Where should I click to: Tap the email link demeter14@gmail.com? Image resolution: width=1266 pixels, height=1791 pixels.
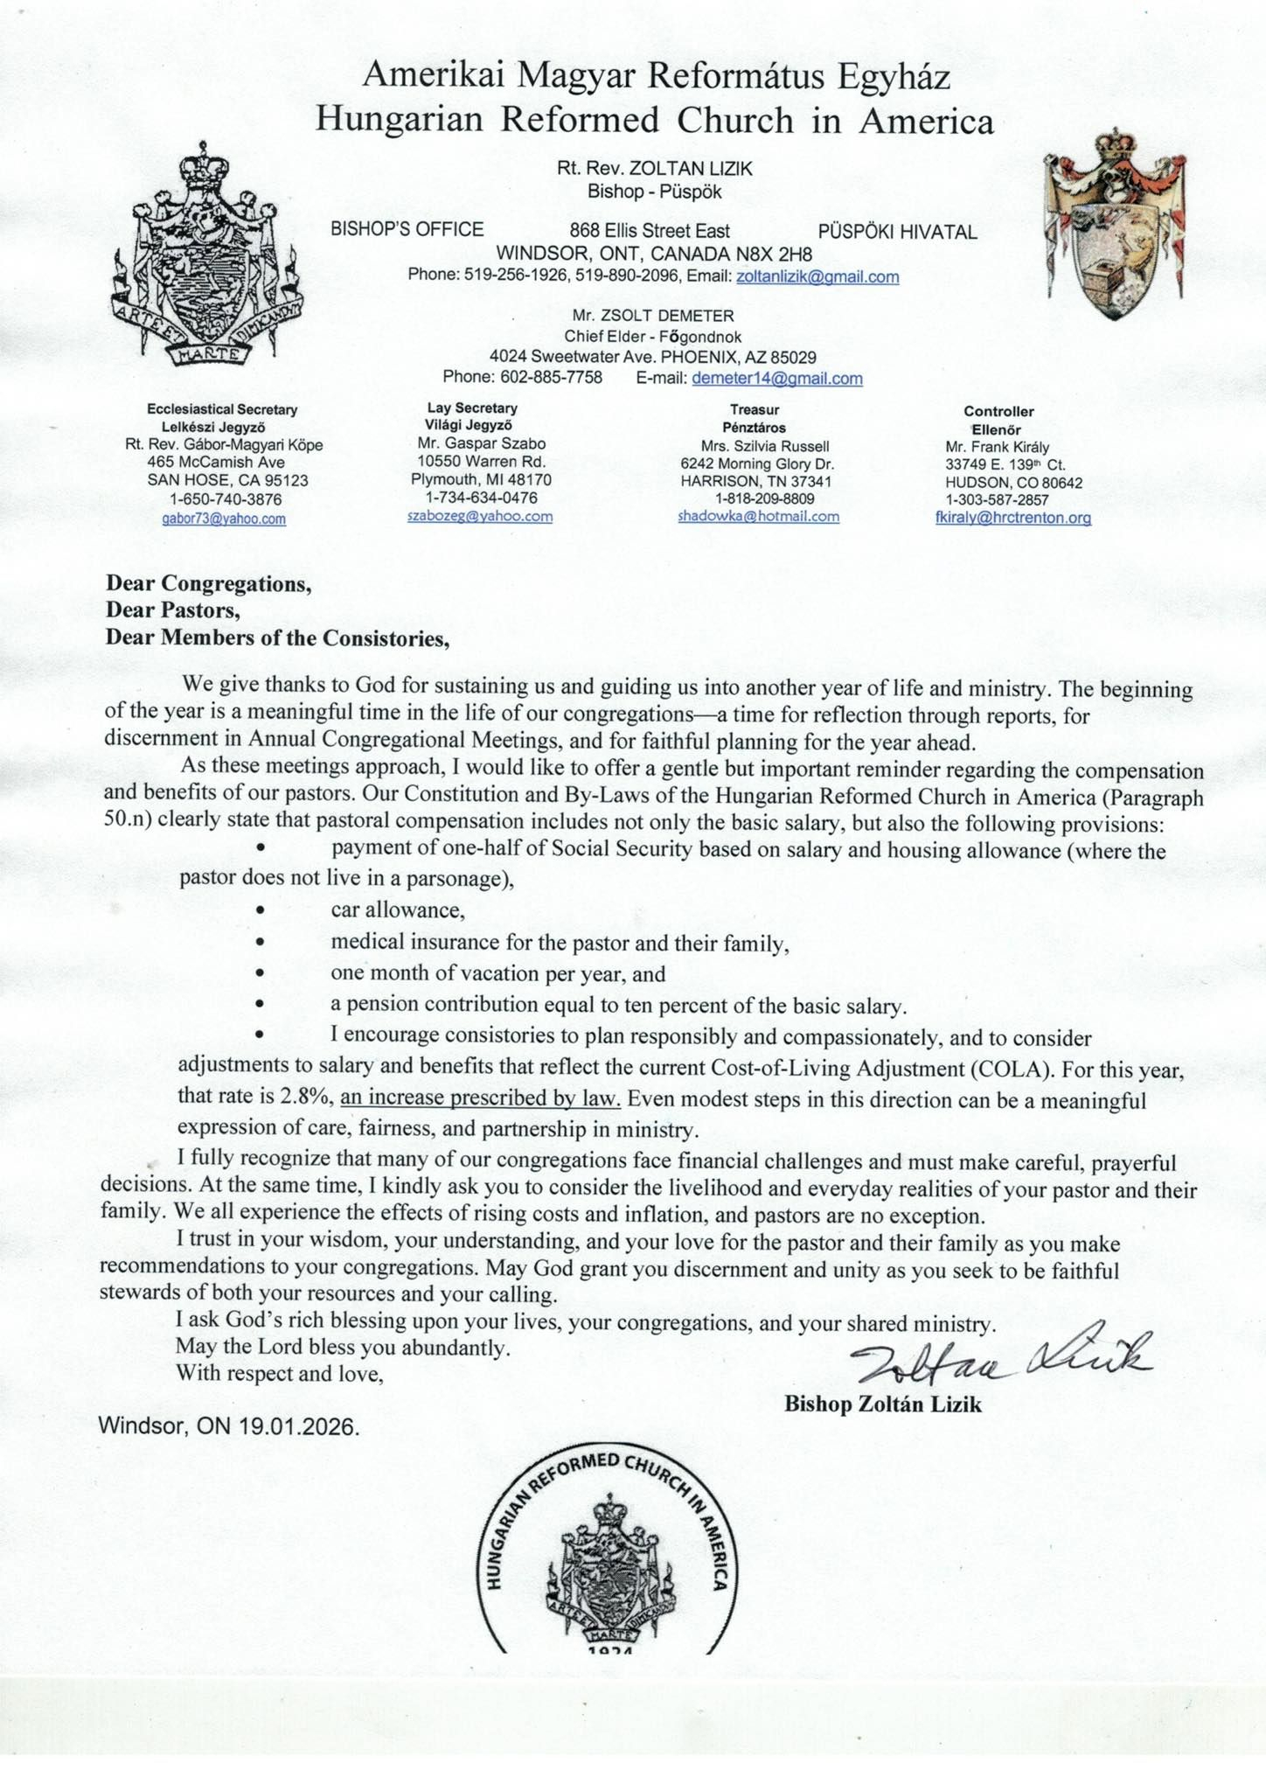(x=776, y=379)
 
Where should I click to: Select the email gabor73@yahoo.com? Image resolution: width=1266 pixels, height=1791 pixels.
(x=224, y=519)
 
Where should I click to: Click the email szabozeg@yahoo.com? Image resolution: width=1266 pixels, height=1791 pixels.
(x=480, y=516)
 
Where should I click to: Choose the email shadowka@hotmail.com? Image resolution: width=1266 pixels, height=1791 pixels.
(x=758, y=516)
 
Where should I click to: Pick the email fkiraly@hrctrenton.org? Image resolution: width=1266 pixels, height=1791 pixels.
(x=1012, y=518)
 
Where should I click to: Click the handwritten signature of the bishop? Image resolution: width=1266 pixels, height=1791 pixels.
(x=1001, y=1358)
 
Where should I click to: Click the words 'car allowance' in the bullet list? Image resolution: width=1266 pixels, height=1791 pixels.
(x=397, y=909)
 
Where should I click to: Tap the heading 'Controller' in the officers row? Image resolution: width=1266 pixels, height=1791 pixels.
(x=998, y=411)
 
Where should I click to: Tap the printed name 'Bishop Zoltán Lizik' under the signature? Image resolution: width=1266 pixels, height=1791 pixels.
(x=882, y=1404)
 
